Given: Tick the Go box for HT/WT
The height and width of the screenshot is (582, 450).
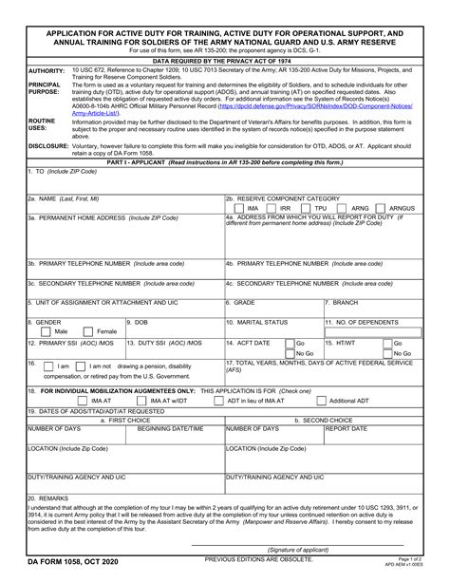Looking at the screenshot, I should tap(390, 343).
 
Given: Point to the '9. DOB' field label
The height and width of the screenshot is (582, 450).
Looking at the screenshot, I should tap(134, 322).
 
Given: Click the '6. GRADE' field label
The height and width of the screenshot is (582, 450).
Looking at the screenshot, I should tap(243, 302).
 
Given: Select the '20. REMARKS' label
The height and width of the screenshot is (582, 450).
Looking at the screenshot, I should tap(48, 498).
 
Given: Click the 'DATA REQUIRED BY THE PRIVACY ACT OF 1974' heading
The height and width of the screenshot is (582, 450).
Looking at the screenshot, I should tap(225, 59).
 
